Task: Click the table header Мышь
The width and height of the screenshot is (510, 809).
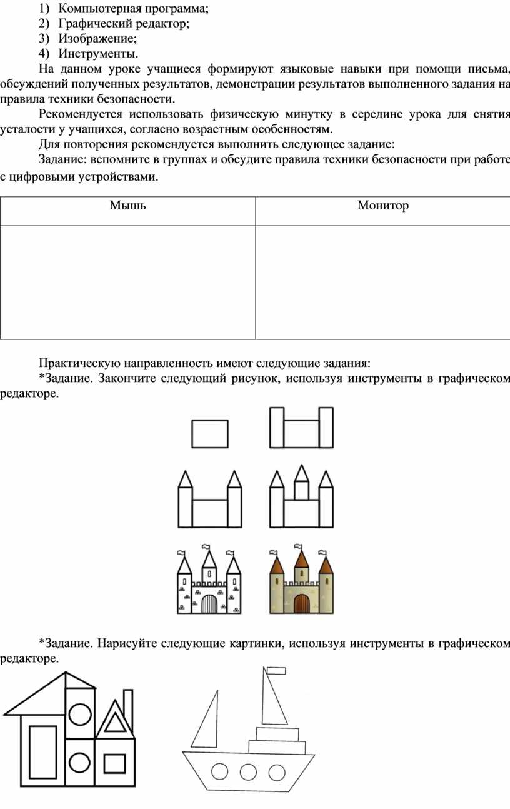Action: (127, 206)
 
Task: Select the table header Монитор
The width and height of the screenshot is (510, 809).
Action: (383, 206)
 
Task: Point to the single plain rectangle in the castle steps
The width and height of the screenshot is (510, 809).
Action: (210, 434)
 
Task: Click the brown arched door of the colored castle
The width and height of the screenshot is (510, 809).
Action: (301, 604)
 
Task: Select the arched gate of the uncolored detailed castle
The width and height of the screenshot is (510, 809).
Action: (209, 604)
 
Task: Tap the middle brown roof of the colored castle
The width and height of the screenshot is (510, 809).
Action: (301, 560)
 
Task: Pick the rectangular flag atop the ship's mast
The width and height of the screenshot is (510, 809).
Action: (276, 671)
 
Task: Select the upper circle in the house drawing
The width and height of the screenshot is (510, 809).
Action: (80, 713)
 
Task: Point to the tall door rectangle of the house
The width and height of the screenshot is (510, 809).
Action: (43, 751)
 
